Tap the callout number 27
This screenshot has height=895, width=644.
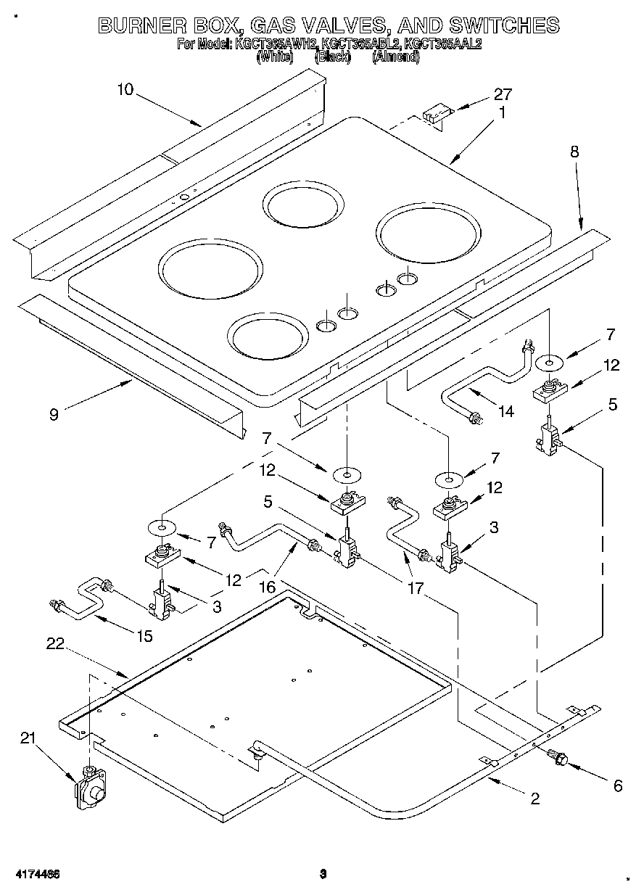[x=503, y=94]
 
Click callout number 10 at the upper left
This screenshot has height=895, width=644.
[x=125, y=89]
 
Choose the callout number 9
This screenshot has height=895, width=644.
[x=54, y=414]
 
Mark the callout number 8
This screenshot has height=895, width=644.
[x=574, y=152]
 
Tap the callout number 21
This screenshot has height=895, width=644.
[x=28, y=738]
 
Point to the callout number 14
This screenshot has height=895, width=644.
[x=505, y=411]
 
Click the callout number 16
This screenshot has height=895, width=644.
[x=268, y=587]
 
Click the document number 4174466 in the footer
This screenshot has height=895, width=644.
[x=35, y=873]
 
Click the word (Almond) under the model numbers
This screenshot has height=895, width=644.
[x=395, y=57]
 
